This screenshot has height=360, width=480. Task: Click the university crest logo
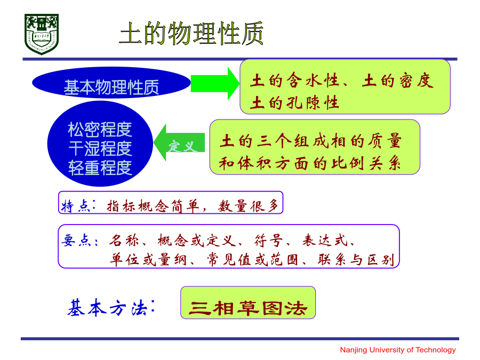click(x=41, y=34)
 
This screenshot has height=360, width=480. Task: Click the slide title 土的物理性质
click(x=191, y=34)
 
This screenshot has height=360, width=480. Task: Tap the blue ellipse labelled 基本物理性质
click(x=111, y=83)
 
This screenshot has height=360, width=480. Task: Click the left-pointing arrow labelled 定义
click(x=179, y=142)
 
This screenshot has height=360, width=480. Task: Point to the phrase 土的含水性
click(x=294, y=81)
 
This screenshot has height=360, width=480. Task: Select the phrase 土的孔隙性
click(x=294, y=102)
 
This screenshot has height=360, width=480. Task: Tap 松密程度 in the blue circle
click(x=100, y=130)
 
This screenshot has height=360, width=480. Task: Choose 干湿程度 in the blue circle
click(x=100, y=148)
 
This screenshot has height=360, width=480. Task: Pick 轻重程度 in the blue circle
click(x=100, y=168)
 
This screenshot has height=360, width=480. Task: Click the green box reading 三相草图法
click(x=248, y=303)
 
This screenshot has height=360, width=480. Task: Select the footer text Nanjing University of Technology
click(x=398, y=349)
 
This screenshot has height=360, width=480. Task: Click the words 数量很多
click(x=248, y=206)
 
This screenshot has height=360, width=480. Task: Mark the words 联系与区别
click(x=356, y=260)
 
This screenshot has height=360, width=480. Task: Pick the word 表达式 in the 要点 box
click(x=325, y=241)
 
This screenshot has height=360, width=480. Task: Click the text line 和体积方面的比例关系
click(x=310, y=163)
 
